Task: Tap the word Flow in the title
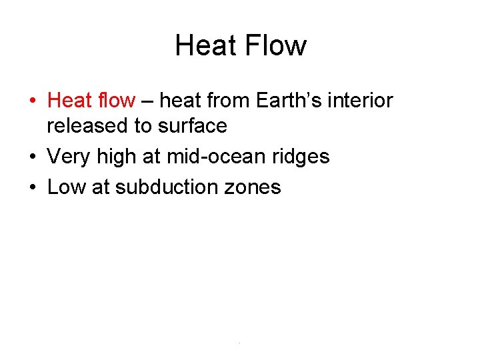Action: (275, 45)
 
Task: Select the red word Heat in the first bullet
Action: (70, 101)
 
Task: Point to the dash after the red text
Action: (148, 101)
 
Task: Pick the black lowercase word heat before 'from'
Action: (181, 101)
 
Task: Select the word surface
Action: (194, 126)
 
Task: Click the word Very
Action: (69, 157)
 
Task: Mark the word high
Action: (117, 157)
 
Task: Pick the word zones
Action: (253, 187)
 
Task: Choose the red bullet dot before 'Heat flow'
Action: (33, 102)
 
